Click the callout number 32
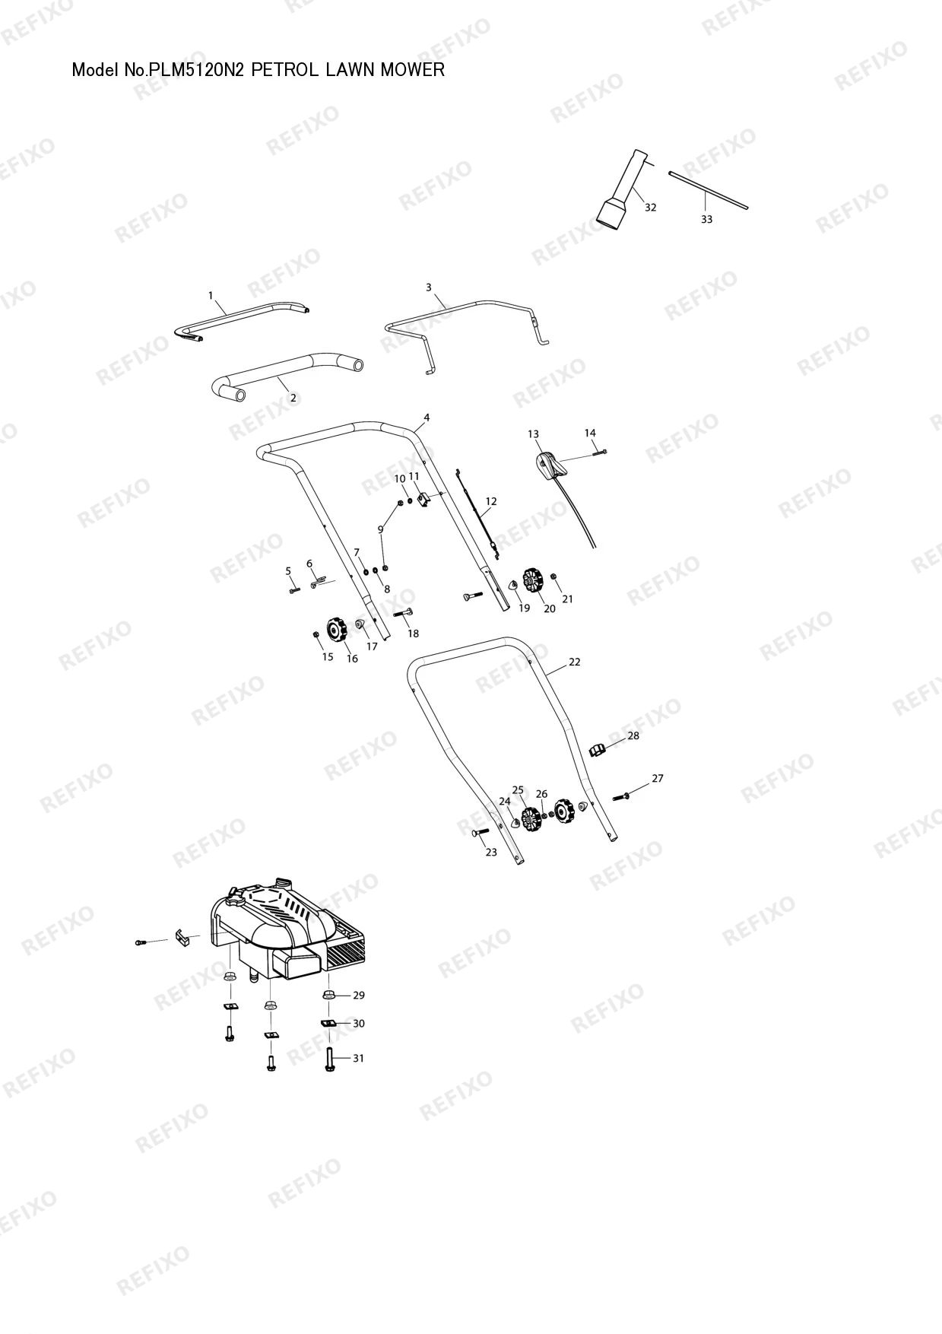click(x=650, y=207)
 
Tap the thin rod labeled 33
click(x=709, y=190)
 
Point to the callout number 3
click(x=429, y=287)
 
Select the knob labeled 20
click(x=534, y=583)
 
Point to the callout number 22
click(x=575, y=662)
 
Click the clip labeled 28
click(x=598, y=751)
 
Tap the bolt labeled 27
click(x=621, y=796)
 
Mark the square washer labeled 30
click(x=328, y=1024)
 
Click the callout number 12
click(x=491, y=501)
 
